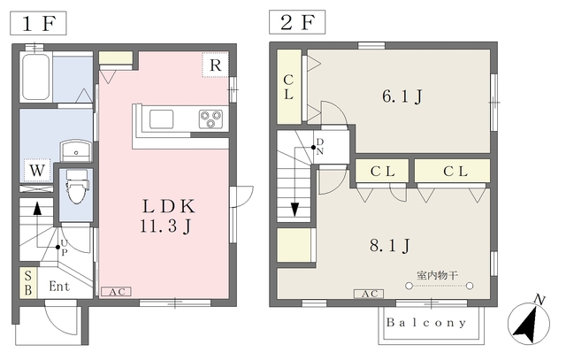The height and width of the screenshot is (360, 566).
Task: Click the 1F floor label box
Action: click(x=38, y=24)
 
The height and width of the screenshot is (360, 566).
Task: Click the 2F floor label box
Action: click(x=297, y=22)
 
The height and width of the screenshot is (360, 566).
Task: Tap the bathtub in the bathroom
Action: click(x=35, y=77)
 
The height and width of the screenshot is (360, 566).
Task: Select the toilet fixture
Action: click(x=77, y=187)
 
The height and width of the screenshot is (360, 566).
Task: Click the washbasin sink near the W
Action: click(x=75, y=150)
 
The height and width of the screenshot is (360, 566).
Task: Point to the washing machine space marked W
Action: click(x=37, y=170)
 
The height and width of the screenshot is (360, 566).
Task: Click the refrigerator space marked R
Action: click(x=215, y=65)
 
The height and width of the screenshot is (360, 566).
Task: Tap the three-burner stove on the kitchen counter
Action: click(x=210, y=119)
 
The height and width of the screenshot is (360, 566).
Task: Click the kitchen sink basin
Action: click(x=161, y=119)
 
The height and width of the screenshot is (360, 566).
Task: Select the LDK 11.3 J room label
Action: click(x=168, y=216)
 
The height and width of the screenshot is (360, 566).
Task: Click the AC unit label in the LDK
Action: click(x=116, y=292)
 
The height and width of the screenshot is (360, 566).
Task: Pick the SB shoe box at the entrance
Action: click(x=27, y=283)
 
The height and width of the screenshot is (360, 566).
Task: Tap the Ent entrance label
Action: click(x=59, y=287)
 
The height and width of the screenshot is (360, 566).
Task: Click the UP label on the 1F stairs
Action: click(x=64, y=248)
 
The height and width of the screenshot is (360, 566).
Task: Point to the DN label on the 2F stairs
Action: click(x=320, y=147)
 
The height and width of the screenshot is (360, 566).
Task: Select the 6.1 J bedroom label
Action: click(x=402, y=96)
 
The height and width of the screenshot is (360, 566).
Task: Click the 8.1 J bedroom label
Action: click(x=390, y=246)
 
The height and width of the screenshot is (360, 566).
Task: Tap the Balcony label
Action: click(x=426, y=322)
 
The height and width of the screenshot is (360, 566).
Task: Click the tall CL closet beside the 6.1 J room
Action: click(x=289, y=87)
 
